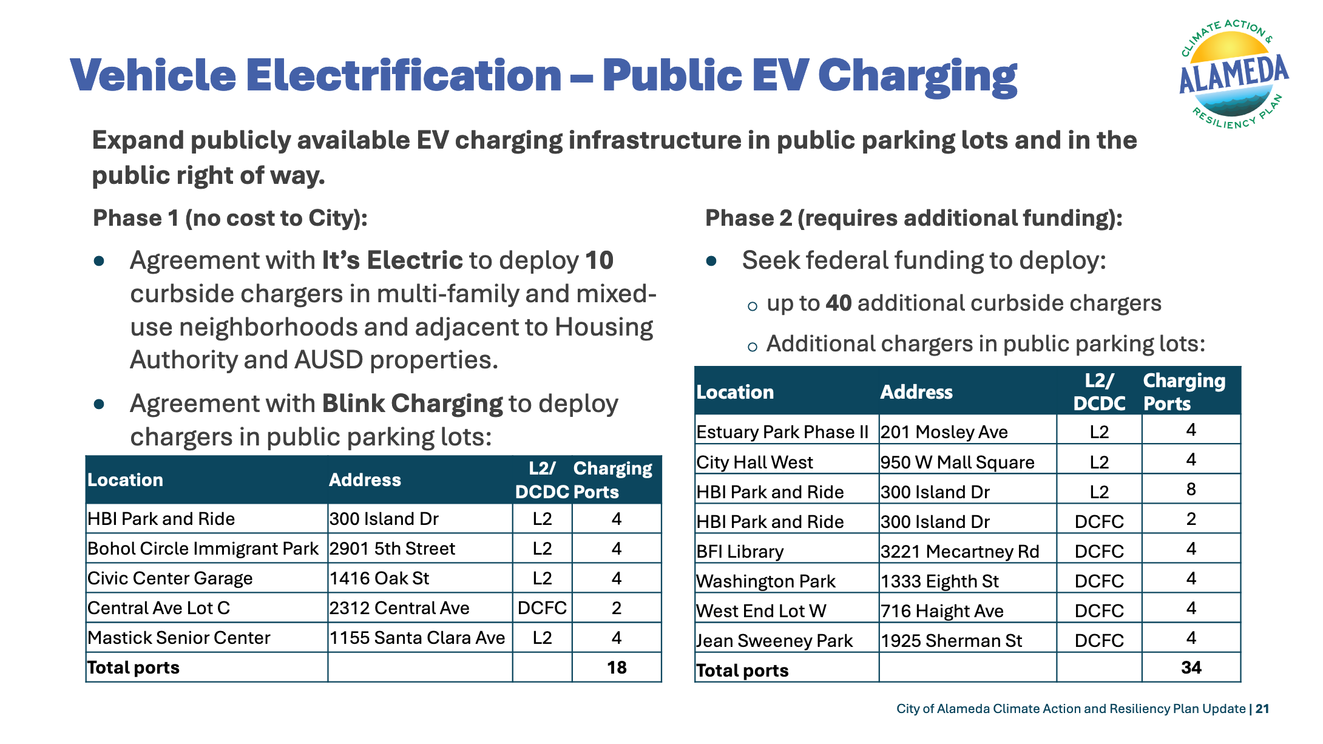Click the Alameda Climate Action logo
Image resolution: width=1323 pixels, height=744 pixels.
(x=1234, y=74)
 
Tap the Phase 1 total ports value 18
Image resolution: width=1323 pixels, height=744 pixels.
(x=617, y=668)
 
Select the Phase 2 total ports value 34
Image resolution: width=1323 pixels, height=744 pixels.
(x=1191, y=668)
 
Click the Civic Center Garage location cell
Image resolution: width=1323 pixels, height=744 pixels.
(x=170, y=578)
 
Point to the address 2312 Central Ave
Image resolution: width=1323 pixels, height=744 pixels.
(x=399, y=608)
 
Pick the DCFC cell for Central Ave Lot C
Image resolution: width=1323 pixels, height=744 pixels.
(x=542, y=608)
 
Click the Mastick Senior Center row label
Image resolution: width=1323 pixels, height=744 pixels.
(x=179, y=638)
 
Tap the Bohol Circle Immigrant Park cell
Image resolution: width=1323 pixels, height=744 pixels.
(x=203, y=549)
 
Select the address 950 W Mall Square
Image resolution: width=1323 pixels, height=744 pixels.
(x=957, y=462)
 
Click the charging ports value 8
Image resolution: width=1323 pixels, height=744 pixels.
(x=1191, y=489)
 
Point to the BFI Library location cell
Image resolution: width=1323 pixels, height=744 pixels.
(x=740, y=552)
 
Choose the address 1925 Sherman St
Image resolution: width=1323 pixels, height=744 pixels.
(x=951, y=641)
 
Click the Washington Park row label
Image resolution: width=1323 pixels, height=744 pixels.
(x=766, y=581)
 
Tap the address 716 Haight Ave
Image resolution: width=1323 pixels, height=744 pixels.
(x=942, y=611)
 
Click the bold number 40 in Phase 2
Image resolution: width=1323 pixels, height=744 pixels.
(x=839, y=303)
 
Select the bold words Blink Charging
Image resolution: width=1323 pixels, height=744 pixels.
(x=412, y=404)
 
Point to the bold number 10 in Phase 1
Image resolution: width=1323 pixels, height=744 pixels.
(x=600, y=260)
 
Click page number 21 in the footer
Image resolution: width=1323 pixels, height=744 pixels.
(x=1262, y=709)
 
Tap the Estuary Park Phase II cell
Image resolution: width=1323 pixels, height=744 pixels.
(x=782, y=432)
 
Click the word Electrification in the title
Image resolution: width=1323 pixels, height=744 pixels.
(x=404, y=75)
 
